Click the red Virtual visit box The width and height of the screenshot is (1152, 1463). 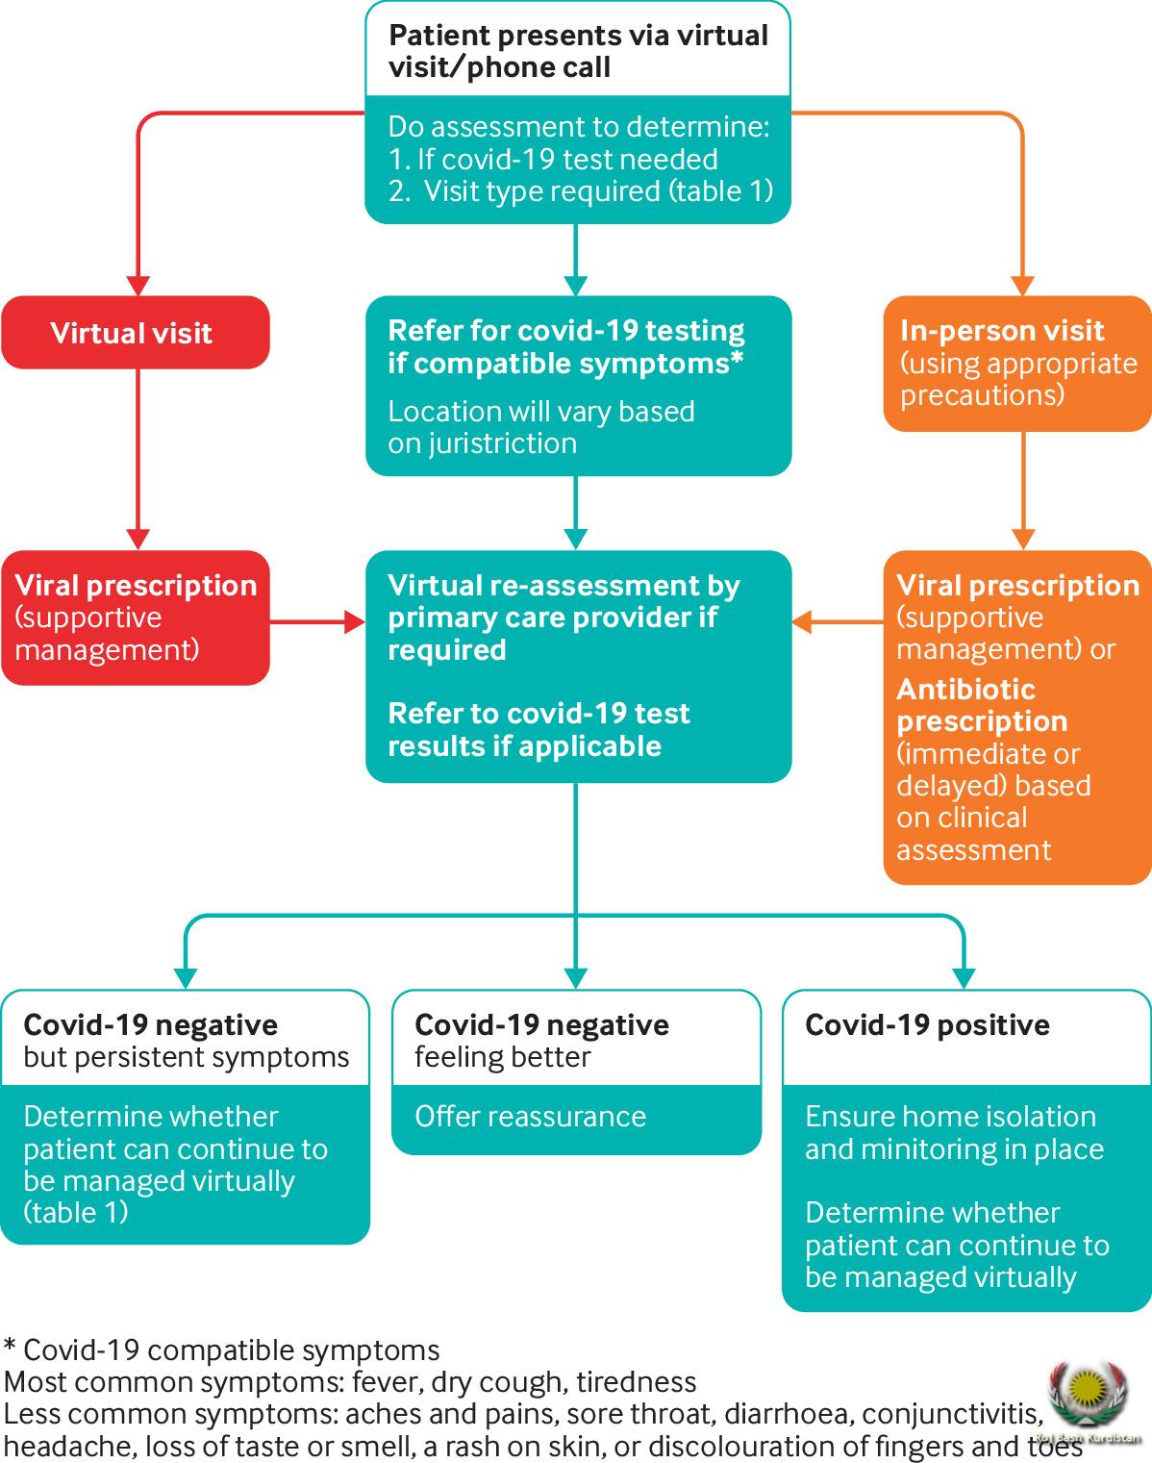point(135,333)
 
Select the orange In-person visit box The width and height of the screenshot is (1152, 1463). point(1016,363)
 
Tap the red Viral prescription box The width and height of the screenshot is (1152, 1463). point(135,618)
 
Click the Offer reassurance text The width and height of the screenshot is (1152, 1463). point(530,1117)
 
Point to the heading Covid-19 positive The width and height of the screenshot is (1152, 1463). point(927,1025)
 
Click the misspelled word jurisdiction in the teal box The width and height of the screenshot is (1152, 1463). point(482,443)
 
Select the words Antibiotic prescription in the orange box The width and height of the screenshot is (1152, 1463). point(981,705)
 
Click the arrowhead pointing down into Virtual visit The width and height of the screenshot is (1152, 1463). point(138,286)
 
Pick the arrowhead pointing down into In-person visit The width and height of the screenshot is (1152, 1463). point(1021,286)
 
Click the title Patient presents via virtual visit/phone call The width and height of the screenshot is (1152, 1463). point(577,52)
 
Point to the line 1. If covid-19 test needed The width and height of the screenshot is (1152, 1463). point(553,160)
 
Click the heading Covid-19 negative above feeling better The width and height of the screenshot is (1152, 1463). point(541,1025)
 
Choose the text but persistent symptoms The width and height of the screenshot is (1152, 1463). point(186,1057)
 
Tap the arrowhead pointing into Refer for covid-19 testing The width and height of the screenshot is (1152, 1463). point(575,286)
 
